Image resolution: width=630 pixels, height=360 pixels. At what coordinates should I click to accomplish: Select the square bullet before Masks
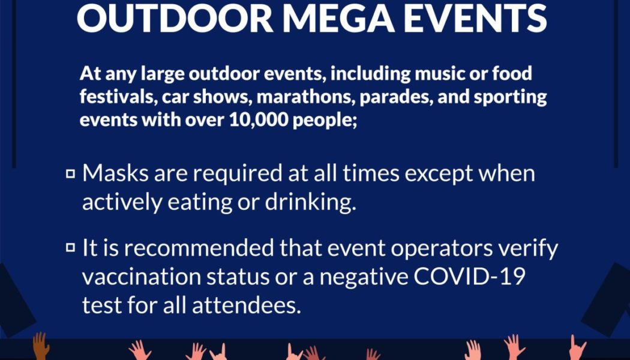point(70,175)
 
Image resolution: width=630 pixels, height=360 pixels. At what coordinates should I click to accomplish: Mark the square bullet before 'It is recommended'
point(70,247)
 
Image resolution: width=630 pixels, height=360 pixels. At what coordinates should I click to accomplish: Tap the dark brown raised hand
point(40,347)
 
